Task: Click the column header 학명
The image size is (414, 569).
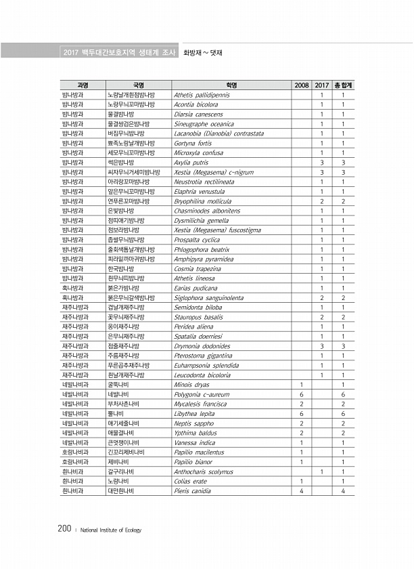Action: (232, 85)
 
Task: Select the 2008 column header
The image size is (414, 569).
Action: (302, 85)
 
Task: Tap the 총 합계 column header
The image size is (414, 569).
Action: (344, 85)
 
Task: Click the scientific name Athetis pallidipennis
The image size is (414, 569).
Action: (202, 96)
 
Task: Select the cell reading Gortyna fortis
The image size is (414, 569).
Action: (193, 144)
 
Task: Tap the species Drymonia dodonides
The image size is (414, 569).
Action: (201, 346)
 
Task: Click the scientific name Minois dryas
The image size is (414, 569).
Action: (191, 385)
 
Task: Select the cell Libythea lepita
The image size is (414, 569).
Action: (194, 413)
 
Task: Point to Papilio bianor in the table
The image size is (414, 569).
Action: (193, 462)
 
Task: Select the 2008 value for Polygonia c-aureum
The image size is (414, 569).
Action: (302, 394)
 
